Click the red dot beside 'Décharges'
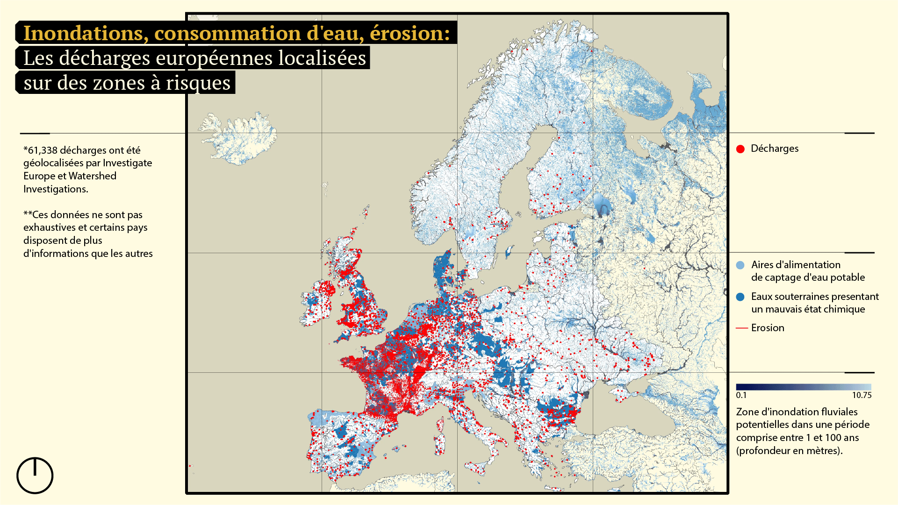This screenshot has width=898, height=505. pos(740,149)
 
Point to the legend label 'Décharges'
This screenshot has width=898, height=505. pos(775,149)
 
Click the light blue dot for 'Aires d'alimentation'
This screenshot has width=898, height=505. pos(740,265)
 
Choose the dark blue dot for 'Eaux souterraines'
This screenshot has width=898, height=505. pos(740,297)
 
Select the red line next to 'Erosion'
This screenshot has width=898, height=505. pos(742,328)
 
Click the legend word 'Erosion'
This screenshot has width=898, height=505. pos(768,328)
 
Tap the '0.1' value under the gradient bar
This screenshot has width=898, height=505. pos(741,395)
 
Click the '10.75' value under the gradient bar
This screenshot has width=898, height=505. pos(862,395)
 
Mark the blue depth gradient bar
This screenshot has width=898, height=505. pos(803,387)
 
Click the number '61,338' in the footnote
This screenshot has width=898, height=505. pos(43,150)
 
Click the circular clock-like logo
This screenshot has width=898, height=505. pos(35,476)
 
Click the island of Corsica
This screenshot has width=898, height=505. pos(440,425)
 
